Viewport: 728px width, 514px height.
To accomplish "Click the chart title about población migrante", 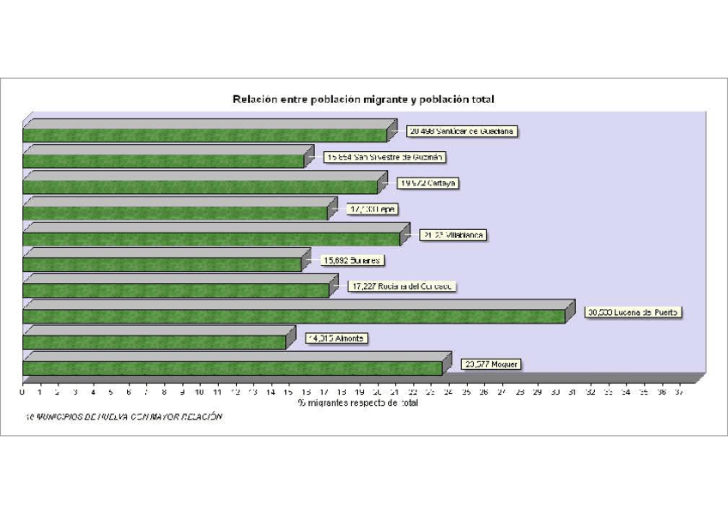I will (x=363, y=100).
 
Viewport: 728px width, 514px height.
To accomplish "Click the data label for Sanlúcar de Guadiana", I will (x=462, y=131).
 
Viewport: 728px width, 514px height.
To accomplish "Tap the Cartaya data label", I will (x=428, y=183).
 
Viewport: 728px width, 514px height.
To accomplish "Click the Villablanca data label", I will (x=452, y=235).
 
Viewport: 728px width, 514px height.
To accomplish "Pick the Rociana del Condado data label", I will (x=401, y=287).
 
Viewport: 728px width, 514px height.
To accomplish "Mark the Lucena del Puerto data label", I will (x=633, y=312).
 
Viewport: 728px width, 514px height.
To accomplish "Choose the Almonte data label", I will (x=336, y=338).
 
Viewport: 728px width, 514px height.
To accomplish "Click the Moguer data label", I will (x=490, y=364).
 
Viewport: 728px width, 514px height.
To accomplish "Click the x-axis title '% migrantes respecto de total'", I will (x=358, y=402).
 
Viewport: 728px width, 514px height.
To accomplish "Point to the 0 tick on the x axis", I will (x=22, y=392).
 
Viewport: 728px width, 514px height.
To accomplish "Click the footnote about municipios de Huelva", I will (x=124, y=417).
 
